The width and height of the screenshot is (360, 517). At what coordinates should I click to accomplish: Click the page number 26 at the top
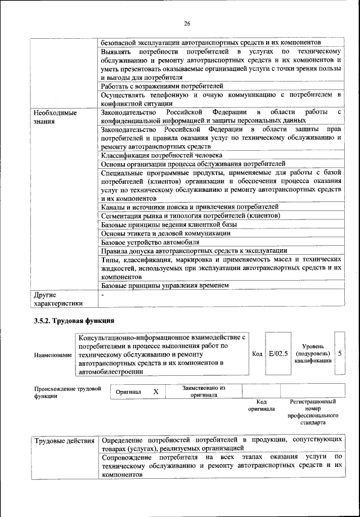187,23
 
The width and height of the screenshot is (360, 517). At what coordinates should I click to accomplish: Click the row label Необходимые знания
55,116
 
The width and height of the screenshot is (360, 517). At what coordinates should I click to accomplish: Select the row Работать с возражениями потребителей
163,86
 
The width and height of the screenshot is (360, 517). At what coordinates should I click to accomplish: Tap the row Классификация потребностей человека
161,155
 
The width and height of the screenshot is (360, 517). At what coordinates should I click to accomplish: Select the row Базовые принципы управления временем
165,285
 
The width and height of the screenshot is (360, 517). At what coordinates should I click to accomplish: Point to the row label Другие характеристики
58,299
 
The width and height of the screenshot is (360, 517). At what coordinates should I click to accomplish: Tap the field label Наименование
53,355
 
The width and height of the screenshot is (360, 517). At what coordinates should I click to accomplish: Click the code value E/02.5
278,354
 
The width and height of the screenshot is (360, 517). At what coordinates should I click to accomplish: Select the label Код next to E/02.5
257,354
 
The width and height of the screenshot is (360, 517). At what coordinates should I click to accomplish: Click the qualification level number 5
340,354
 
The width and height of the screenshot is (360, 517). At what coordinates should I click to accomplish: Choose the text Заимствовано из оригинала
204,391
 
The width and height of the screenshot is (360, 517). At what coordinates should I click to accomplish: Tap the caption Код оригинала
261,405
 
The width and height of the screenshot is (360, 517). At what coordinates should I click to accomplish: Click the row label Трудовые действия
64,439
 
